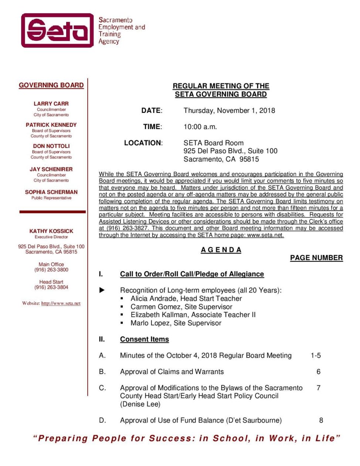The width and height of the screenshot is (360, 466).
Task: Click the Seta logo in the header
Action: pos(58,30)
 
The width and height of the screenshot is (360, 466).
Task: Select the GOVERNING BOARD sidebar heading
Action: pos(51,85)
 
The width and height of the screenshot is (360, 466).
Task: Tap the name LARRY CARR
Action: pos(51,104)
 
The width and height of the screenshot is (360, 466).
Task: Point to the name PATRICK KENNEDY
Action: pos(51,125)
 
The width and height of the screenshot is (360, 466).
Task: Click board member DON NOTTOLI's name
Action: pos(51,146)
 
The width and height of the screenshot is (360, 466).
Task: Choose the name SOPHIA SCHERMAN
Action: pos(51,192)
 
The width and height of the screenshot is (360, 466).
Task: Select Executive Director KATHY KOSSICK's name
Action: pos(51,231)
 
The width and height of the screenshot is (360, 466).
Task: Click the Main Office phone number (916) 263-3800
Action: pos(51,270)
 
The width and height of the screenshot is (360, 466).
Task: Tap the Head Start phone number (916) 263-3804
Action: pos(51,287)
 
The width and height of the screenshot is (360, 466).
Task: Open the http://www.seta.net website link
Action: pos(61,304)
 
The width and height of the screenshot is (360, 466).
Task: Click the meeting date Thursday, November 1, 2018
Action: pos(229,111)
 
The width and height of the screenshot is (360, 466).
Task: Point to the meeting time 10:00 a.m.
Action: pos(200,127)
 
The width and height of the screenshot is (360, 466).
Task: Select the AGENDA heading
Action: pos(221,250)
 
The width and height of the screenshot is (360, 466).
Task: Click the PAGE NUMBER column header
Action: pos(316,258)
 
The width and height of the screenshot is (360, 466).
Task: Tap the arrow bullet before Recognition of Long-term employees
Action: pos(102,290)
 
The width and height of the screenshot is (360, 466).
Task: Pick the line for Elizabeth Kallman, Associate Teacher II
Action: pos(193,315)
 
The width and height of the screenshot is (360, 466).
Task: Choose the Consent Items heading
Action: pos(144,340)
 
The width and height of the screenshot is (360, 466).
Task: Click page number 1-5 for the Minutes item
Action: pos(316,356)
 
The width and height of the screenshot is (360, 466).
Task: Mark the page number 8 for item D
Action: pos(321,421)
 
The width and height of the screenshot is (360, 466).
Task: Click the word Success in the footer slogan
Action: pos(170,439)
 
